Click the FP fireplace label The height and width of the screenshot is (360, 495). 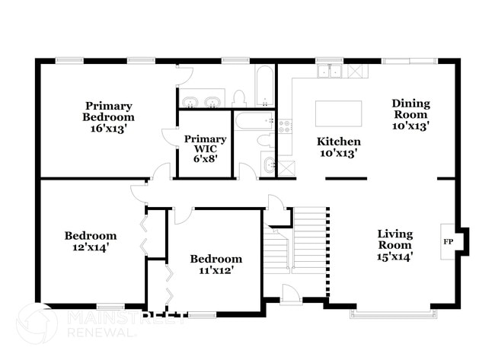[x=448, y=241]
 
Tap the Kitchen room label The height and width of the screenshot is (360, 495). [x=339, y=142]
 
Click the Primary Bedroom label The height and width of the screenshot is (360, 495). [x=109, y=111]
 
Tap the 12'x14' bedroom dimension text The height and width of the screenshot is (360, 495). [x=90, y=247]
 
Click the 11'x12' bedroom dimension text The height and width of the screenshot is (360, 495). [x=216, y=269]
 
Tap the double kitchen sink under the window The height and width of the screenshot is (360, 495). [x=331, y=72]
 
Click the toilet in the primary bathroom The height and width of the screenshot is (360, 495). [x=239, y=98]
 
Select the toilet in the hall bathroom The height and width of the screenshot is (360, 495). [x=264, y=139]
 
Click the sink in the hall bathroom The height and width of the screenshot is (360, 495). [x=268, y=163]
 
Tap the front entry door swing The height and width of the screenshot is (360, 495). [x=290, y=293]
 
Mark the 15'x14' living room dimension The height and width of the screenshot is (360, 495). [x=394, y=256]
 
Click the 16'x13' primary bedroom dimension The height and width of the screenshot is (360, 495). [x=109, y=129]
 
